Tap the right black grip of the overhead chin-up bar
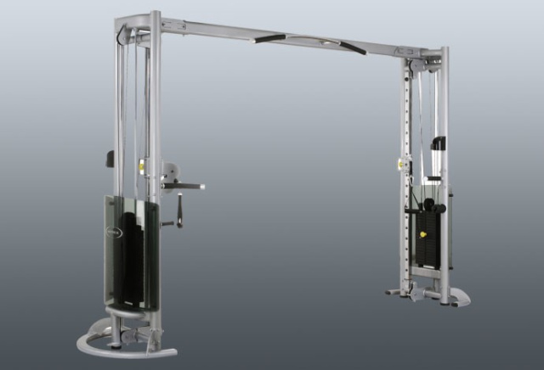tap(350, 47)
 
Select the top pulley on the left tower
tap(126, 35)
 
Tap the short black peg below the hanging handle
tap(167, 224)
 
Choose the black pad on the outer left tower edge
tap(110, 159)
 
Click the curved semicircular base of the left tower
tap(110, 344)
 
